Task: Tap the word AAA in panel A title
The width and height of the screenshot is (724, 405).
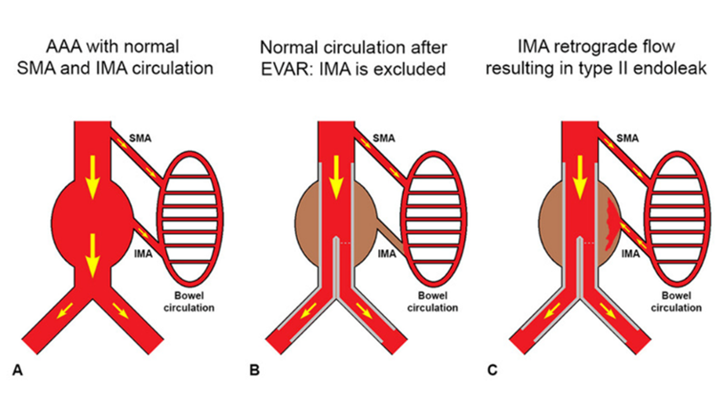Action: pyautogui.click(x=69, y=46)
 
